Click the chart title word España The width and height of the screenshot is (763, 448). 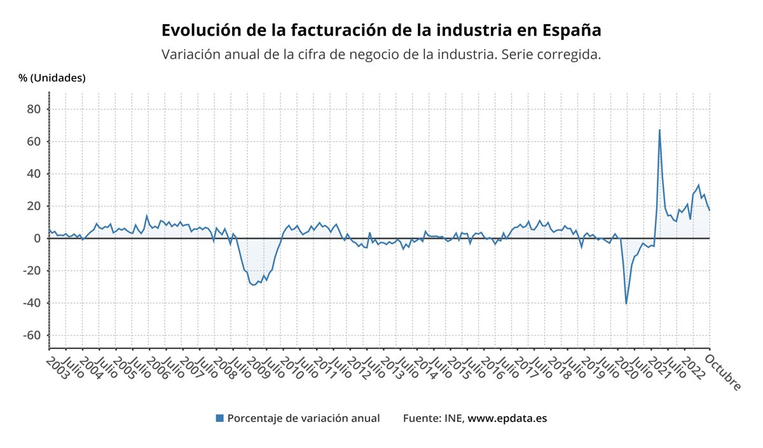(572, 31)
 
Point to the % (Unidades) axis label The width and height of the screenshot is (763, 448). (52, 78)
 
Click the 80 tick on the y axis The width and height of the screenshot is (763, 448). (34, 109)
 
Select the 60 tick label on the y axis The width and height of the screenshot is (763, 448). (34, 142)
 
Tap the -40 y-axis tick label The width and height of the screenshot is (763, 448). (31, 303)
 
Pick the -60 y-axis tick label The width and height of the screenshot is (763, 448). (31, 336)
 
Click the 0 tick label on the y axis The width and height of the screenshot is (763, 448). (37, 238)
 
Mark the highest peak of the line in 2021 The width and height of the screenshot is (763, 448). (659, 130)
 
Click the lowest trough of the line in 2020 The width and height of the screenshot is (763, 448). (626, 304)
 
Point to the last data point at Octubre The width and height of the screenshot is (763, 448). (710, 210)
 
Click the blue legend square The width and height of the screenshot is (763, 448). (220, 418)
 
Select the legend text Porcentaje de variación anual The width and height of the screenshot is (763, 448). (303, 418)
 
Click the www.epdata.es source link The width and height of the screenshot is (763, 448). (507, 418)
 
